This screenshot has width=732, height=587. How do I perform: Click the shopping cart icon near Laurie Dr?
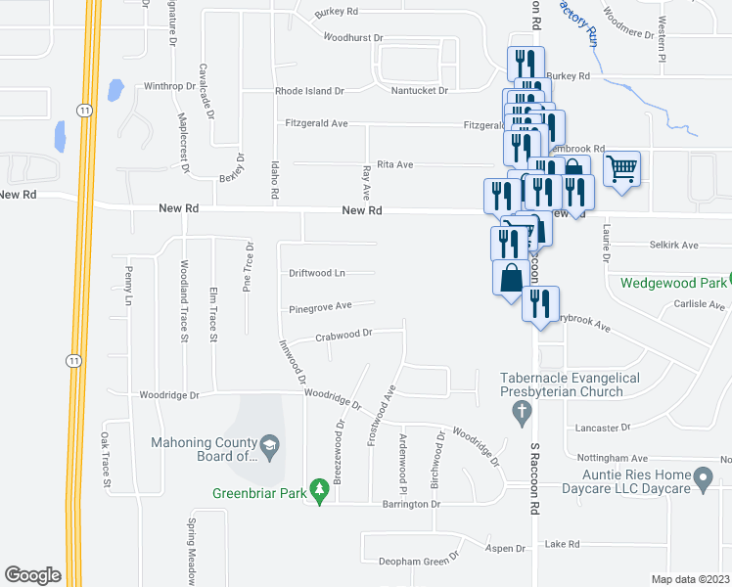click(621, 169)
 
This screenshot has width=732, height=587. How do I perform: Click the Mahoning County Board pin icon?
click(270, 448)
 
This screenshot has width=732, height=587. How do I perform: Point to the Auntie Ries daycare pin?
click(702, 478)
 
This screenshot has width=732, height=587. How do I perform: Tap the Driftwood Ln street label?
click(317, 273)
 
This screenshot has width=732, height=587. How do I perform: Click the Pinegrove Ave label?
click(320, 306)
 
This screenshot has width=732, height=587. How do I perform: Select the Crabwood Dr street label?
click(343, 334)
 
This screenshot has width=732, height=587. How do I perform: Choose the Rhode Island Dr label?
click(309, 91)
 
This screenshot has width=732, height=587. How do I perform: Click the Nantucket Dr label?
click(419, 91)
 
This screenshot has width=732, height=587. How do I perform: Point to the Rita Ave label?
click(397, 164)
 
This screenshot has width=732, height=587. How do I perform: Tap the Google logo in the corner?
click(32, 575)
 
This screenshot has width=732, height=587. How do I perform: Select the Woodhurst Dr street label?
click(352, 37)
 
